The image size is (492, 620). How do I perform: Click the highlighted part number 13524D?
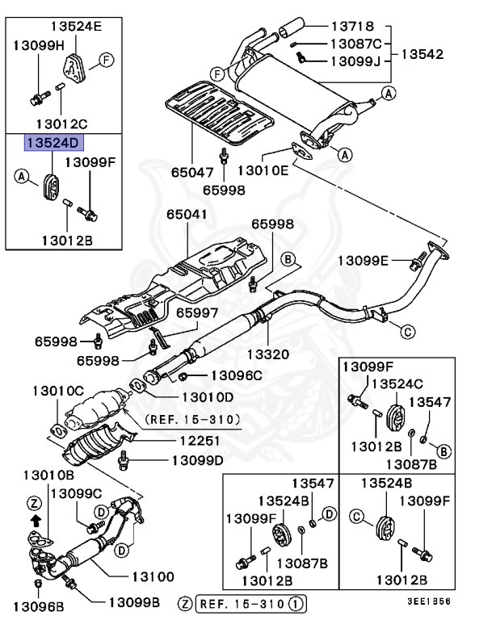pyautogui.click(x=53, y=144)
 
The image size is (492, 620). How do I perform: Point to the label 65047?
pyautogui.click(x=193, y=172)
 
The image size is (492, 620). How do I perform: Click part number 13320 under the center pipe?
pyautogui.click(x=267, y=354)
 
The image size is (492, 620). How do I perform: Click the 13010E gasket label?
pyautogui.click(x=263, y=170)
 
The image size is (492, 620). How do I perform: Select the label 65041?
pyautogui.click(x=187, y=216)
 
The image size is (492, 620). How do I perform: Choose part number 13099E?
pyautogui.click(x=364, y=260)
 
